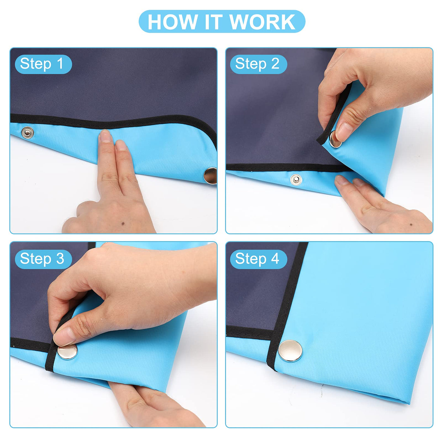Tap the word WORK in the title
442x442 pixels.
(x=262, y=22)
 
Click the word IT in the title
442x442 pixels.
(x=213, y=22)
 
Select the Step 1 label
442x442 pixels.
(x=41, y=64)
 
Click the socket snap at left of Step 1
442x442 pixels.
(x=27, y=133)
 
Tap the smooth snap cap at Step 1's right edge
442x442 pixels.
(x=210, y=176)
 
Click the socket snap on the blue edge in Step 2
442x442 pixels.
(x=296, y=180)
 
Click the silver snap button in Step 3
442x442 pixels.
(x=67, y=351)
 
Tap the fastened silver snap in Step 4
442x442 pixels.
(x=290, y=351)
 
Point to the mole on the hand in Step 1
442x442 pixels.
(x=123, y=223)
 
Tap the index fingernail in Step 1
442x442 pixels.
(x=105, y=136)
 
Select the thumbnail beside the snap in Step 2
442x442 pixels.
(x=343, y=132)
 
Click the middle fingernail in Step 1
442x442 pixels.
(x=120, y=145)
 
